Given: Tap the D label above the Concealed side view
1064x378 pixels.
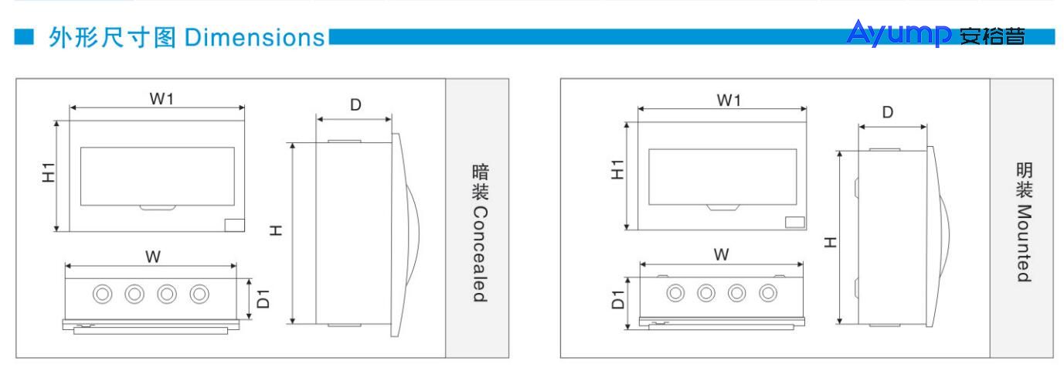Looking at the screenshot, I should click(355, 105).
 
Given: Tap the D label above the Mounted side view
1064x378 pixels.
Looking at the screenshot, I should click(889, 112).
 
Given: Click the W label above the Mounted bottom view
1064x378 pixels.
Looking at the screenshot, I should click(721, 254).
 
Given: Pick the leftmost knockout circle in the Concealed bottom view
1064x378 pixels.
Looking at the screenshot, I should click(101, 294).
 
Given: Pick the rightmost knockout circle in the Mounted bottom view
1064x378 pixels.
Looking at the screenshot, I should click(767, 294).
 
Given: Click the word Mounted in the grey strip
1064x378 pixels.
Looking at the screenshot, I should click(1025, 243).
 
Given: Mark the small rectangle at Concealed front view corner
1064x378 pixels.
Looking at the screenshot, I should click(235, 224).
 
